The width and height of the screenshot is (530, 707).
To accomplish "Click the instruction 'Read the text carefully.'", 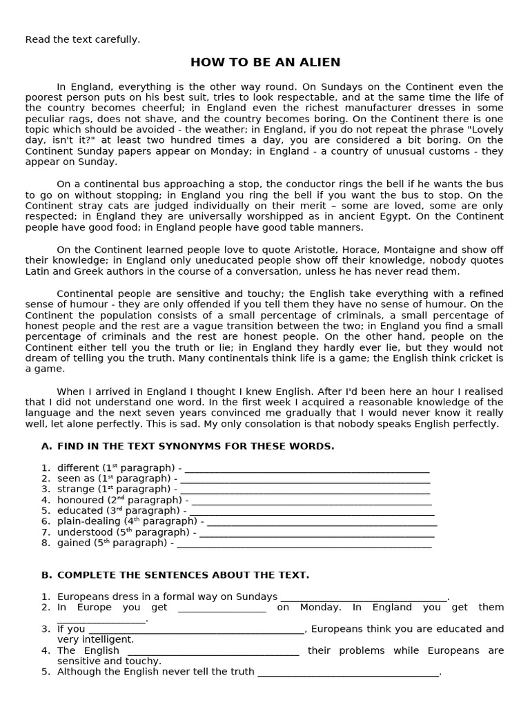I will coord(82,39).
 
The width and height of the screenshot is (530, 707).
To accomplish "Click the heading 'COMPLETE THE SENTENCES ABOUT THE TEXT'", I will coord(183,575).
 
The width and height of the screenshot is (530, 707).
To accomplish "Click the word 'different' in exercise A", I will coord(79,468).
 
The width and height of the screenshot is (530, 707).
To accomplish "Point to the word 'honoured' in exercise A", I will coord(79,500).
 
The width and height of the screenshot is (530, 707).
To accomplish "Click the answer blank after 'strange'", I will coord(304,490).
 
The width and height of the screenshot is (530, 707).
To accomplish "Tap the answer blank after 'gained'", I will coord(304,543).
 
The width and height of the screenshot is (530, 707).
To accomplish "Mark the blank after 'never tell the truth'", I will coord(348,672).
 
